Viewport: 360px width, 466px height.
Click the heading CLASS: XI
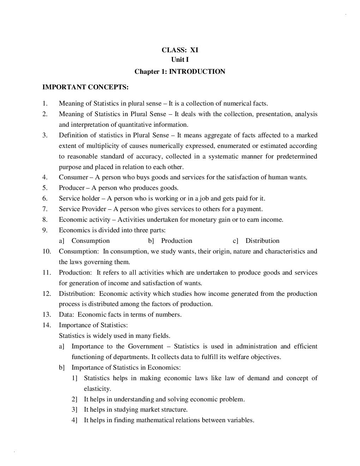coord(180,50)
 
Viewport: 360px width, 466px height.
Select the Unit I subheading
coord(180,60)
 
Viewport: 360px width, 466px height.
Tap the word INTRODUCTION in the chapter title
coord(197,72)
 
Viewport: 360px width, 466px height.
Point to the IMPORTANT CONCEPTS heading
coord(85,87)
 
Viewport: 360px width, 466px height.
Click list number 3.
coord(45,135)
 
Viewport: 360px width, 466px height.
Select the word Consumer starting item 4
coord(73,177)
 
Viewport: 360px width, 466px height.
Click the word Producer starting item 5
coord(72,188)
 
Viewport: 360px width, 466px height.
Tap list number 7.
coord(45,209)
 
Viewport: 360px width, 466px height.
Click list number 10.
coord(47,251)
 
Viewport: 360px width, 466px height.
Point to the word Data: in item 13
coord(66,315)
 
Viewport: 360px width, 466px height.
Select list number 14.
coord(47,325)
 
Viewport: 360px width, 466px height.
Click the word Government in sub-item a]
coord(145,346)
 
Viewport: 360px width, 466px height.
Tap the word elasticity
coord(97,389)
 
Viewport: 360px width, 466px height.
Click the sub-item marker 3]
coord(74,410)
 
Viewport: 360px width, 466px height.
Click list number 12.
coord(47,294)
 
